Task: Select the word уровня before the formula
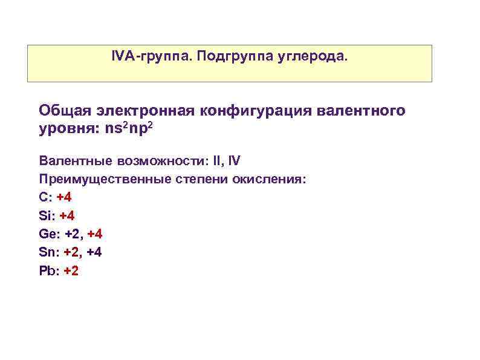(x=63, y=130)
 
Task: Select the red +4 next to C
(x=64, y=197)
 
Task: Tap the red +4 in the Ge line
(x=95, y=234)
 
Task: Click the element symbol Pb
(x=47, y=270)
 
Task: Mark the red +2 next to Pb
(x=71, y=270)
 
